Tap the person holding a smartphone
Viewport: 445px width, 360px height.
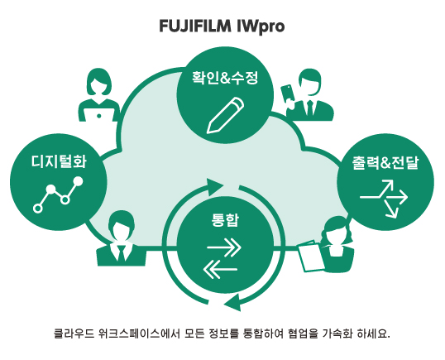308,92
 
